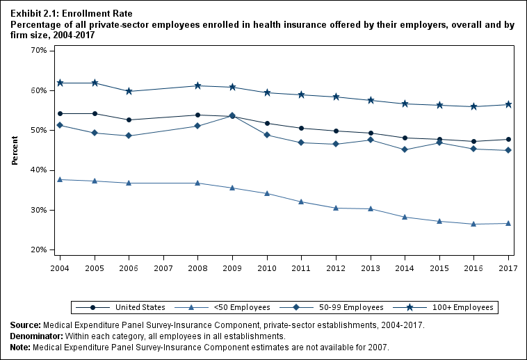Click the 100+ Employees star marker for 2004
click(60, 83)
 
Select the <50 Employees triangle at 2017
click(508, 223)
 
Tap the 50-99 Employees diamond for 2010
click(267, 135)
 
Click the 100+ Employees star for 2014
click(405, 104)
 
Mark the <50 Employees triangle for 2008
click(198, 183)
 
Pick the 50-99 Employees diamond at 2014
click(405, 149)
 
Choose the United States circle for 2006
click(129, 120)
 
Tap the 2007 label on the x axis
click(163, 268)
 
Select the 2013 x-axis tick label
click(370, 268)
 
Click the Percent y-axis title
click(15, 150)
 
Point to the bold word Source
click(25, 325)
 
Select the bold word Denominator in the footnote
click(35, 336)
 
